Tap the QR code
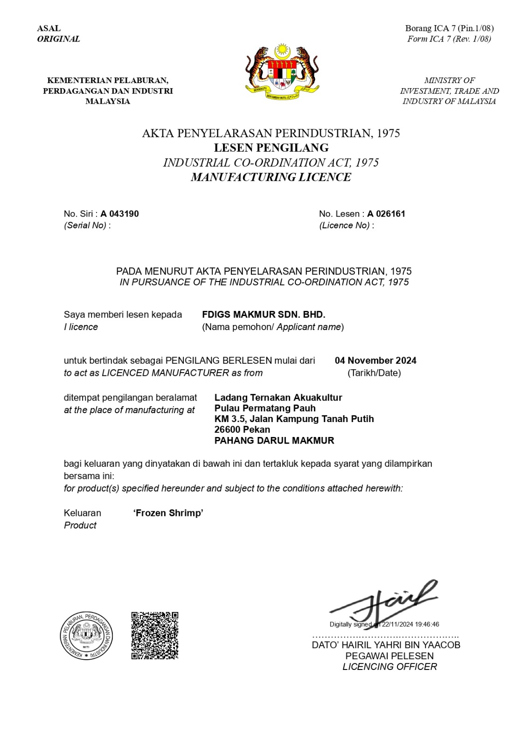[x=155, y=635]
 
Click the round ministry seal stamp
[x=86, y=635]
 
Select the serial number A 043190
[x=119, y=214]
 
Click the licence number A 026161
[x=386, y=214]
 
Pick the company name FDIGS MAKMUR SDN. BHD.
[x=264, y=315]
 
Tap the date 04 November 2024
[x=375, y=360]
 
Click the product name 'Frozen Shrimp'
[x=168, y=513]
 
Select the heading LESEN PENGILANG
[x=271, y=148]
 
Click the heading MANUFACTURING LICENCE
[x=271, y=177]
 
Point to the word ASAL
[x=49, y=28]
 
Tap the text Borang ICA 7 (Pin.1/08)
[x=449, y=28]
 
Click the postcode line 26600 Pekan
[x=242, y=430]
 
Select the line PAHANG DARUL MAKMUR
[x=274, y=440]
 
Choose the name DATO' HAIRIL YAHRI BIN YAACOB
[x=386, y=645]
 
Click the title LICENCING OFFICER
[x=389, y=667]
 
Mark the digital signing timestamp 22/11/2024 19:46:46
[x=410, y=624]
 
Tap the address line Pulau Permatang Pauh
[x=265, y=408]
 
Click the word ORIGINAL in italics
[x=59, y=39]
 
